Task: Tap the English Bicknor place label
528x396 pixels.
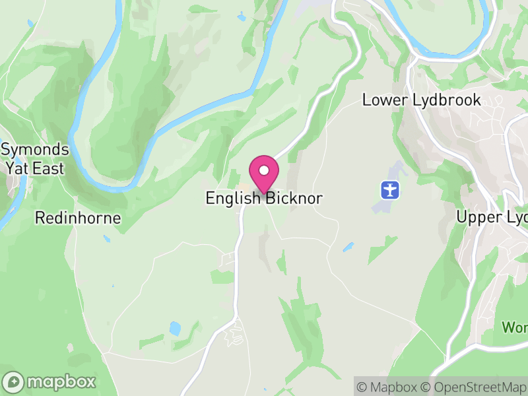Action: (264, 198)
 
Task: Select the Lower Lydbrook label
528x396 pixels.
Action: (422, 100)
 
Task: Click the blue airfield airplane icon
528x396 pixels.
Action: (391, 190)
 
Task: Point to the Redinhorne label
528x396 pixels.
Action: (78, 218)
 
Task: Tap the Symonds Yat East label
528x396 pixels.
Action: (34, 158)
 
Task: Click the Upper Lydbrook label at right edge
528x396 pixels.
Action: (492, 218)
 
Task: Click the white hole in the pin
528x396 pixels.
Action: (264, 170)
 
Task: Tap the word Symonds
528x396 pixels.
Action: (34, 149)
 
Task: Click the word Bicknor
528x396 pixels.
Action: (294, 198)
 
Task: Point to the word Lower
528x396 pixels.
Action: (381, 100)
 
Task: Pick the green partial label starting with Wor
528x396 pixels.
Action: (514, 327)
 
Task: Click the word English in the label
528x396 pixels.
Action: (234, 198)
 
